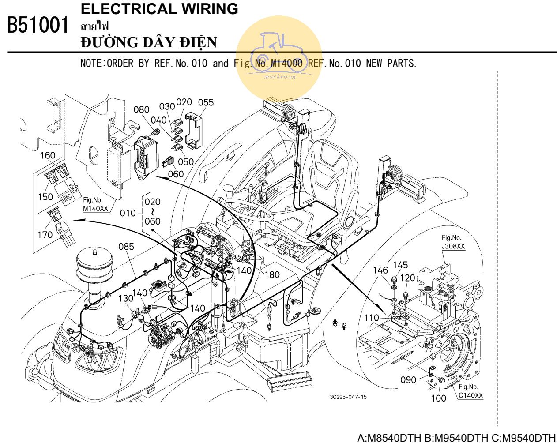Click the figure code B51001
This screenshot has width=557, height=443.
38,26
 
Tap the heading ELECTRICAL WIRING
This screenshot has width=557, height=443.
159,8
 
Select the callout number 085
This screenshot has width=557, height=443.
126,247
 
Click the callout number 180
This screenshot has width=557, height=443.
272,274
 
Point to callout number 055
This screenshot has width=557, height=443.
205,102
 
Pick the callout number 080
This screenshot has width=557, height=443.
141,109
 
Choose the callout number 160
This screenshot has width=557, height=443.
48,155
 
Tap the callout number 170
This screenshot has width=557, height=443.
45,235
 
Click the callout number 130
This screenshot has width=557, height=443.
126,298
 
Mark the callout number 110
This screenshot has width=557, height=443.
371,318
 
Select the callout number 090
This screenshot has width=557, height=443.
408,379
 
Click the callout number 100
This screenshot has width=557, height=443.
438,398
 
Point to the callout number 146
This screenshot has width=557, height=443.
380,270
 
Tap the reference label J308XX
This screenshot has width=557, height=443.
453,247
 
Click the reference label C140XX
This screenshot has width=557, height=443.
470,395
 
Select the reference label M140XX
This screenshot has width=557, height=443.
95,209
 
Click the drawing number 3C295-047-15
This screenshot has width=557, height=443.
348,397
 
